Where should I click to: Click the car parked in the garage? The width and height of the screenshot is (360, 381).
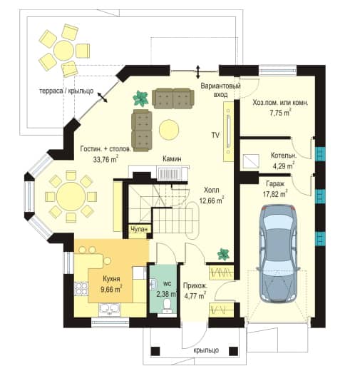(278, 254)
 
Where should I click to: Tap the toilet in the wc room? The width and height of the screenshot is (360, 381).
(167, 305)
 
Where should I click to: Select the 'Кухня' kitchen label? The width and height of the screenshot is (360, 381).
(111, 278)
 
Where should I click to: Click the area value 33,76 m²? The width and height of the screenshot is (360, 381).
(106, 159)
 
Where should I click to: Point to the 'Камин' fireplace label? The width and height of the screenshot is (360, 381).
(172, 159)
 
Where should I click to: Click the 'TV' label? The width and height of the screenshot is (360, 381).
(215, 135)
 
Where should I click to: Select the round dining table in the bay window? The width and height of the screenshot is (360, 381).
(71, 197)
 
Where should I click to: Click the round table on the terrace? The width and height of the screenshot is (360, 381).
(64, 51)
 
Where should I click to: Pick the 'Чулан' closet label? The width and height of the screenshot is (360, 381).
(139, 229)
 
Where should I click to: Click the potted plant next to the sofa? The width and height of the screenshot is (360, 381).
(140, 98)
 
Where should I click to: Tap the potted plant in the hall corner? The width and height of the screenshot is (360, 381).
(223, 255)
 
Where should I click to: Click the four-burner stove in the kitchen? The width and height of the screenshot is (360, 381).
(81, 288)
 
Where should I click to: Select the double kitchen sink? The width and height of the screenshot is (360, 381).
(110, 309)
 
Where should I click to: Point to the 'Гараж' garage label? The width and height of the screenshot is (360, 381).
(275, 184)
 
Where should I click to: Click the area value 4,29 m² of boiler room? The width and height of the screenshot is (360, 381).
(284, 166)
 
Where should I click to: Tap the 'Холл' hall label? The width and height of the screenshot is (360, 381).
(212, 190)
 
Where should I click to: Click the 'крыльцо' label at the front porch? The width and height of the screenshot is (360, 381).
(206, 350)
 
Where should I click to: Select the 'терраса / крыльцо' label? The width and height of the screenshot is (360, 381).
(66, 91)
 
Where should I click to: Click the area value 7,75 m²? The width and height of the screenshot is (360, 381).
(280, 113)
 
